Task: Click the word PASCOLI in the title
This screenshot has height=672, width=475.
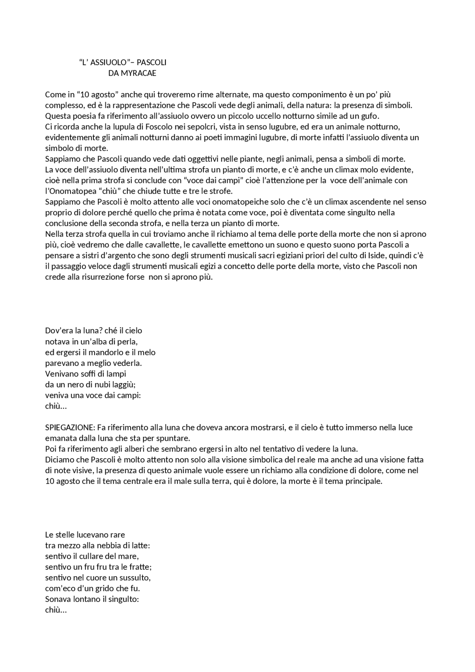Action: (x=151, y=62)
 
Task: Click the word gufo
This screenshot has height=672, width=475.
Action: (x=368, y=116)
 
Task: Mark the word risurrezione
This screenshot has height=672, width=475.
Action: (x=104, y=277)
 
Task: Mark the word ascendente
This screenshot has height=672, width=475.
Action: (x=374, y=202)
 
